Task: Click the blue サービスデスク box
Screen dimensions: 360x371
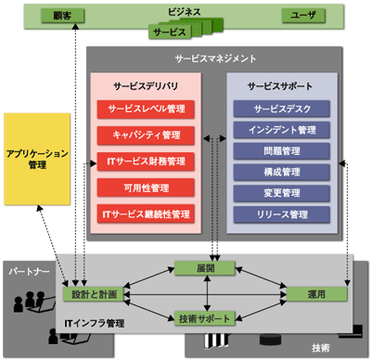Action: pos(281,109)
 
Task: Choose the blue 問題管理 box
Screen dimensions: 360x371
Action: pos(281,151)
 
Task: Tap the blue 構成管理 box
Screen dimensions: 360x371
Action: pos(281,172)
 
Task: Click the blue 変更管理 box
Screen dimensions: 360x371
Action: pos(281,193)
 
